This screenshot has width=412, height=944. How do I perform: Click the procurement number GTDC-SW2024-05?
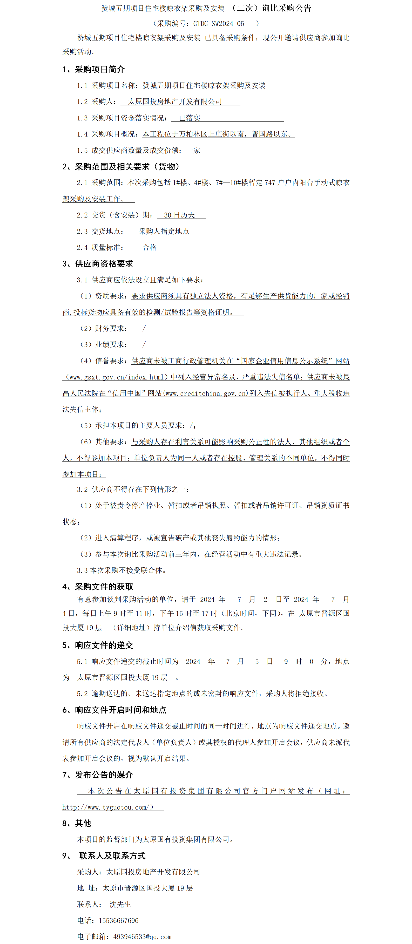click(x=219, y=23)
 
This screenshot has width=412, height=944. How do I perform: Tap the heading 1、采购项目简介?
click(x=93, y=69)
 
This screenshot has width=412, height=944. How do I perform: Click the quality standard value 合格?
click(x=150, y=248)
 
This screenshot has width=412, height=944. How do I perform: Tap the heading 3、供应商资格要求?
click(x=98, y=264)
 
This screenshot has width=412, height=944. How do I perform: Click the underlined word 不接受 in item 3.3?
click(x=130, y=571)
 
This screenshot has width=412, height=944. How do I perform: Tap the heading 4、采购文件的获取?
click(x=98, y=587)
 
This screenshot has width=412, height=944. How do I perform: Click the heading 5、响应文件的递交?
click(x=98, y=645)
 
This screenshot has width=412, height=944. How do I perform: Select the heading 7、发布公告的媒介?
click(x=98, y=775)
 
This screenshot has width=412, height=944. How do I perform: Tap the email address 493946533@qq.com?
click(x=142, y=937)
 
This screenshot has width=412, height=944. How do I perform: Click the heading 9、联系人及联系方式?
click(x=104, y=856)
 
